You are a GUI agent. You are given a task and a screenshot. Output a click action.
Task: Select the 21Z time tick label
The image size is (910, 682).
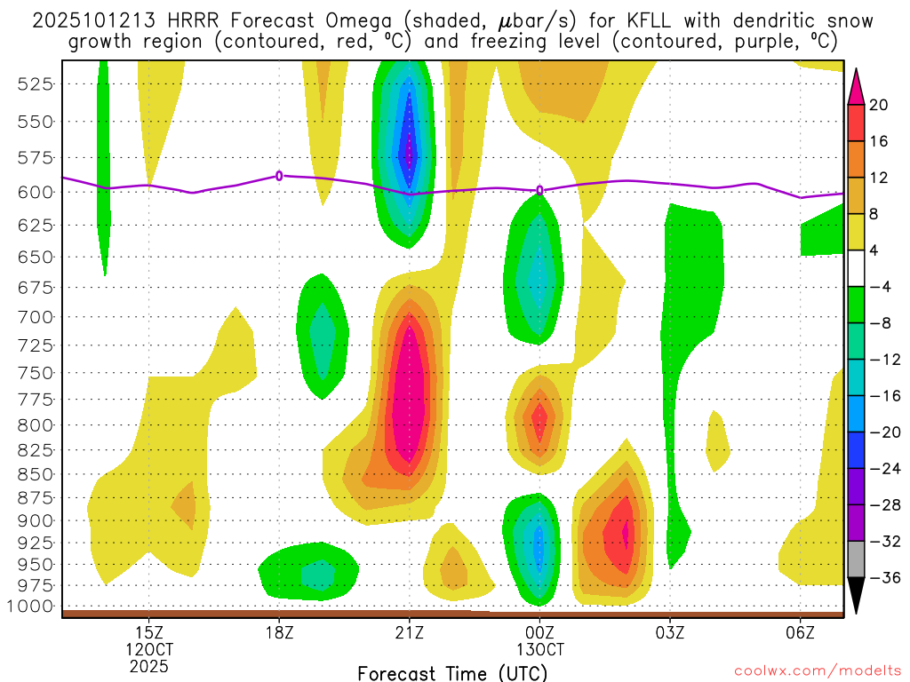tap(409, 633)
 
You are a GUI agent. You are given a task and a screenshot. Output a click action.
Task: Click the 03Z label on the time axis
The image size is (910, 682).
tap(669, 633)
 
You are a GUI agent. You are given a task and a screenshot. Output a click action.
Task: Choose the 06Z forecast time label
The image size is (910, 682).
tap(800, 633)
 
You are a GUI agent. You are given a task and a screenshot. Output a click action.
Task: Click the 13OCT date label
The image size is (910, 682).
tap(539, 650)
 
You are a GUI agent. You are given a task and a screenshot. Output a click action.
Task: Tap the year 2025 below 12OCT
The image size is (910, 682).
tap(148, 666)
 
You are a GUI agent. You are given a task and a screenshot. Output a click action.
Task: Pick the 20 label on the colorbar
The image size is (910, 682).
tap(879, 105)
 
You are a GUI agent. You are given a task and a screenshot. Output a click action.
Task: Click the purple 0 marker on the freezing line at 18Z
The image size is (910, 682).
tap(279, 176)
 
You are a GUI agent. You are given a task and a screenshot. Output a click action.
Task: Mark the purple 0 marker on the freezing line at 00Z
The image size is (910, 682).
tap(539, 190)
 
